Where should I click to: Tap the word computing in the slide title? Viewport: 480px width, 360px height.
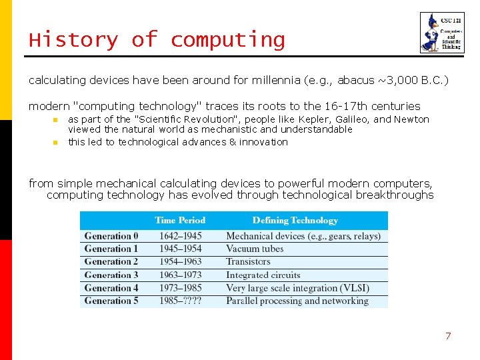tap(227, 40)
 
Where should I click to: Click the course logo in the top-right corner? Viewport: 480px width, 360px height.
tap(441, 33)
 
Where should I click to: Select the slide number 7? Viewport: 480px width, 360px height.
tap(448, 336)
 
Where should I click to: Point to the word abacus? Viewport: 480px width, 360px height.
tap(356, 80)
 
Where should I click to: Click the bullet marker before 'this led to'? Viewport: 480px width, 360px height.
tap(56, 142)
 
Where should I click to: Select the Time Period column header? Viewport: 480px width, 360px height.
tap(180, 221)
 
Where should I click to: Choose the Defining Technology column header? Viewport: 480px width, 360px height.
tap(295, 221)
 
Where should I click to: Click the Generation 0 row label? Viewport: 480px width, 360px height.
tap(111, 236)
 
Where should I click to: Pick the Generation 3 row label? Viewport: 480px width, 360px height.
tap(111, 275)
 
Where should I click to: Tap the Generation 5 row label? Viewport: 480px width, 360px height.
tap(111, 301)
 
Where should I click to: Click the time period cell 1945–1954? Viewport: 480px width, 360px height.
tap(180, 249)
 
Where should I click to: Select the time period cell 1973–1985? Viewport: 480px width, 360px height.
tap(180, 288)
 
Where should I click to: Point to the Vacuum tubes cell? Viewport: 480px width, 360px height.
tap(255, 249)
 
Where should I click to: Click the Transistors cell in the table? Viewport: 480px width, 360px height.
tap(248, 262)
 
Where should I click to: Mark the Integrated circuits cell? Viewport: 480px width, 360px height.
tap(263, 275)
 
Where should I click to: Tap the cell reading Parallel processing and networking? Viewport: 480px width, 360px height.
tap(297, 301)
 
